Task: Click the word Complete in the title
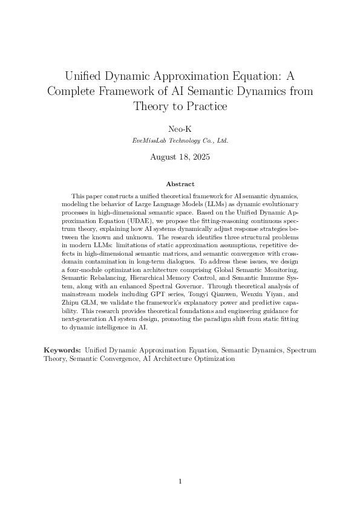[x=76, y=92]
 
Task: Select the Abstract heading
[x=180, y=184]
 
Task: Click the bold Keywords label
[x=63, y=350]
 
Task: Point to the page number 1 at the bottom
[x=180, y=481]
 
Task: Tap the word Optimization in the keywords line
[x=213, y=358]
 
